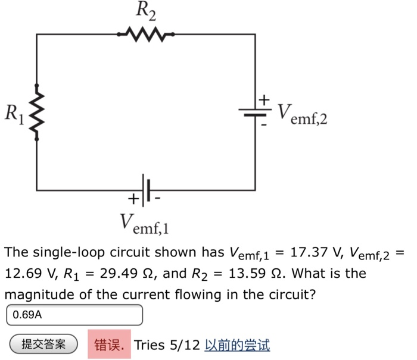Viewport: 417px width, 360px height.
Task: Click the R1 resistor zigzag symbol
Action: coord(37,111)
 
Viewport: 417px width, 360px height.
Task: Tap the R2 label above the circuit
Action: coord(146,10)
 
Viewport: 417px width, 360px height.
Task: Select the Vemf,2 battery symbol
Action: coord(256,111)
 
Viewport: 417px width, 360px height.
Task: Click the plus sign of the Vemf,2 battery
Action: coord(264,98)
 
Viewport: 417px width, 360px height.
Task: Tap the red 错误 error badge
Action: coord(108,344)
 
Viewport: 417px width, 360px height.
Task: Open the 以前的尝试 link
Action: coord(236,345)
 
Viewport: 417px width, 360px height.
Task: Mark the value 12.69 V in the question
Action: coord(27,274)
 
